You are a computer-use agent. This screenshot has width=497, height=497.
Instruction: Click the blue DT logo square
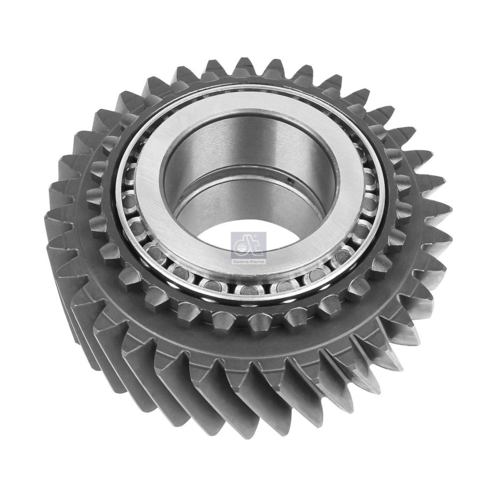click(248, 243)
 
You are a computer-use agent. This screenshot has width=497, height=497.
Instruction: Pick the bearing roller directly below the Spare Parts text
click(250, 290)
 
